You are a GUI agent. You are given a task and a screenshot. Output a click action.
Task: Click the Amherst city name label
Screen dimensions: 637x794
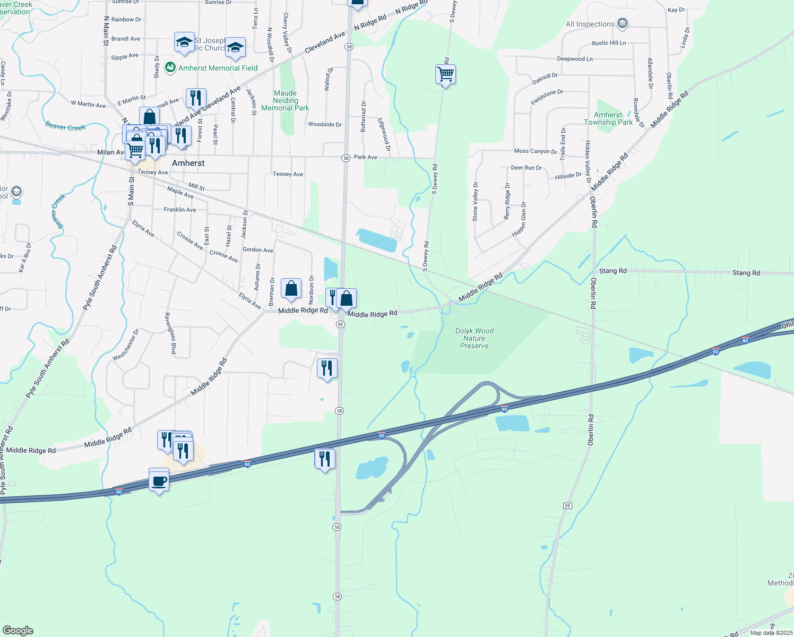coord(188,163)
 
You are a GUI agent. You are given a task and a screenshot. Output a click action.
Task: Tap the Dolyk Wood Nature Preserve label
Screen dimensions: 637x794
coord(474,338)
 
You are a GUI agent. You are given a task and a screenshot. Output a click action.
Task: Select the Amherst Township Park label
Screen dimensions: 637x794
coord(608,118)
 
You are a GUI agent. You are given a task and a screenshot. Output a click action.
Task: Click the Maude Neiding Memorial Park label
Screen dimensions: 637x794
coord(285,100)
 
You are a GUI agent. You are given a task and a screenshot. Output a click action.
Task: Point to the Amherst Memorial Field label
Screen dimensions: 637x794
coord(218,68)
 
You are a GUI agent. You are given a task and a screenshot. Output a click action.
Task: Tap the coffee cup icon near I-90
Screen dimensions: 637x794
coord(159,481)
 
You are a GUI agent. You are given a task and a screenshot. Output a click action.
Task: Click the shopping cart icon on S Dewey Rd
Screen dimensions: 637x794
coord(445,74)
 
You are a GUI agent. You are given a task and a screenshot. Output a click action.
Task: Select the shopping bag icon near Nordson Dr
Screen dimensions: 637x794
coord(291,289)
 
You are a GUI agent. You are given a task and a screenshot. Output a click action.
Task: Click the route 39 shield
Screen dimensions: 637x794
coord(567,506)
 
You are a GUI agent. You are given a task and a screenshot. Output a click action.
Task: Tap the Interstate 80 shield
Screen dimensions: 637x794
coord(745,341)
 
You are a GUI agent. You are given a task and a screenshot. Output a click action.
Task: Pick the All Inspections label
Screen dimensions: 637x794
coord(590,24)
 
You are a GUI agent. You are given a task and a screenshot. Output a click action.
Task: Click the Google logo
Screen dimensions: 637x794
coord(18,631)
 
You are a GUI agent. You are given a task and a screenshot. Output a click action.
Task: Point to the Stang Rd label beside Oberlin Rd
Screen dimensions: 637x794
coord(612,271)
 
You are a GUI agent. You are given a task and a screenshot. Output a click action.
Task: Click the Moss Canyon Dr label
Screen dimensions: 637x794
coord(536,151)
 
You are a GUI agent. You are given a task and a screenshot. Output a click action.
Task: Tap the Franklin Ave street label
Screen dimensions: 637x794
coord(180,210)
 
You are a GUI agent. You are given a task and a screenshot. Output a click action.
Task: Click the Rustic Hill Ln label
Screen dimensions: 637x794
coord(609,43)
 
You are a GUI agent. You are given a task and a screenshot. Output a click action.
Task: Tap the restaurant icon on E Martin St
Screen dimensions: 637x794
coord(196,98)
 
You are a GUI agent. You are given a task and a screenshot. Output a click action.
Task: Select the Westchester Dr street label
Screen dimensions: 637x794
coord(126,345)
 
